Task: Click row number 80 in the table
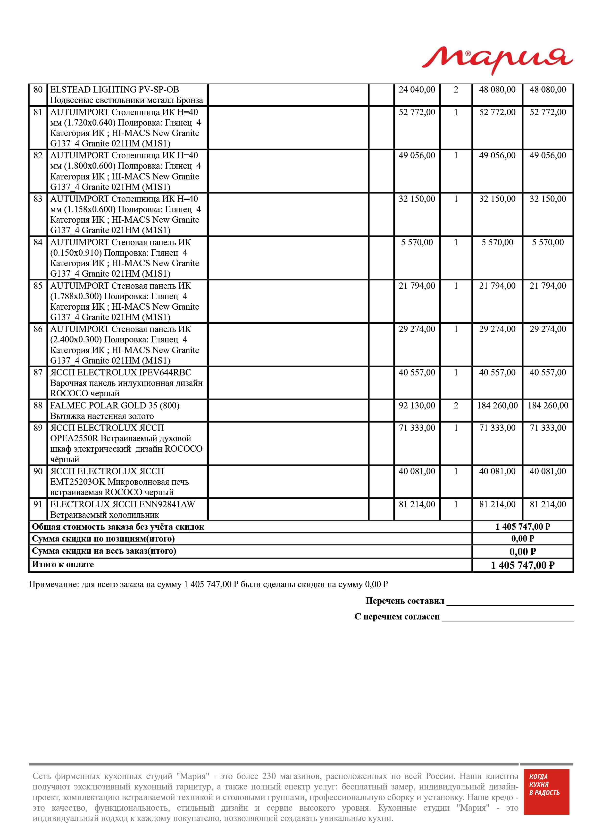click(38, 90)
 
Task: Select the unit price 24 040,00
click(417, 90)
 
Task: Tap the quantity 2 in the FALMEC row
click(456, 405)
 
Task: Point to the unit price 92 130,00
click(417, 405)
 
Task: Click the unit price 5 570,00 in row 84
click(417, 242)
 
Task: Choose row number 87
click(38, 373)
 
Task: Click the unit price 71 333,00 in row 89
click(417, 428)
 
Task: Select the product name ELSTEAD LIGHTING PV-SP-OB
click(114, 90)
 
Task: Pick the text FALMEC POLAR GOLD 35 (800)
click(114, 405)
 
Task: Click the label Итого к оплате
click(63, 565)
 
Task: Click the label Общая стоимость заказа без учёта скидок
click(118, 527)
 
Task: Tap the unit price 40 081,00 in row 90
click(417, 471)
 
